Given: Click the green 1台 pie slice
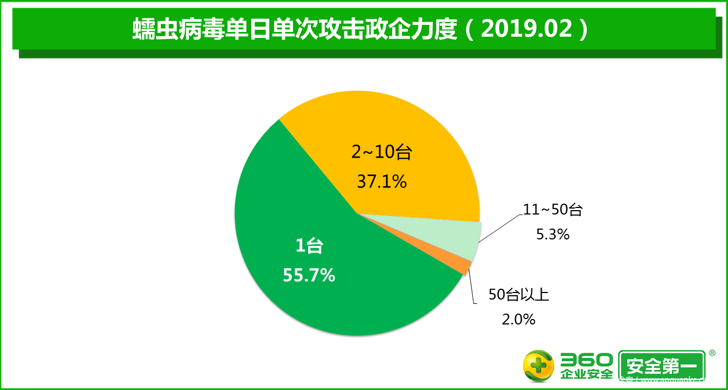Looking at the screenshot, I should pyautogui.click(x=303, y=303).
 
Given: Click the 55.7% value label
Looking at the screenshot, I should pyautogui.click(x=309, y=275).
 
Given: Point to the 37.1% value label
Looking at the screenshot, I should pyautogui.click(x=381, y=181).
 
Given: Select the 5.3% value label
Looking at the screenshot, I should pyautogui.click(x=552, y=234).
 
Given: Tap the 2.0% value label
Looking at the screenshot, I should pyautogui.click(x=518, y=319).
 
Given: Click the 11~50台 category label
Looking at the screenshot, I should pyautogui.click(x=552, y=210).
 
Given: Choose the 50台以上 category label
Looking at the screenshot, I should pyautogui.click(x=519, y=295).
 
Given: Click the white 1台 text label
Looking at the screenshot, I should pyautogui.click(x=309, y=247).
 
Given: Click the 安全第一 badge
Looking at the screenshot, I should pyautogui.click(x=661, y=367).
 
